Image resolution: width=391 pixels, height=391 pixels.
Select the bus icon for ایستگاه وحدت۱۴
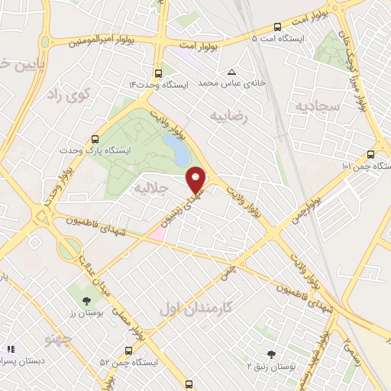(157, 73)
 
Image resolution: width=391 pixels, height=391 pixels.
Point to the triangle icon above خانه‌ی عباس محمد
(231, 72)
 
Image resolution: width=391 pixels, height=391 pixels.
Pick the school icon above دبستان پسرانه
(10, 348)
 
